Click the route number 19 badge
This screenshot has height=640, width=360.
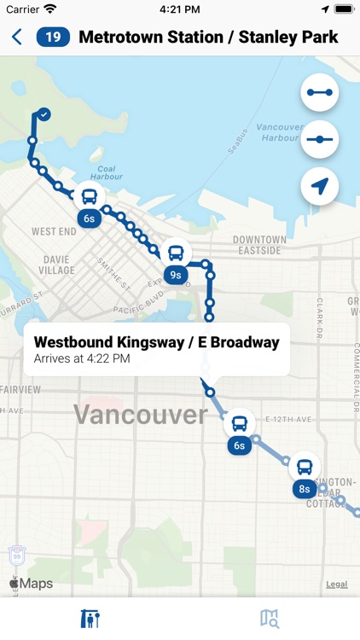(x=53, y=37)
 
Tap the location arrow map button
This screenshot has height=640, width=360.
(x=320, y=186)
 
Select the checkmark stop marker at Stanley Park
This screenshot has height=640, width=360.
(x=44, y=114)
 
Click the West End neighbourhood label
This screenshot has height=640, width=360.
(x=54, y=231)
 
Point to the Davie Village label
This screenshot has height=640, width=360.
(x=58, y=265)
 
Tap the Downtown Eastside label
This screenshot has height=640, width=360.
(x=259, y=245)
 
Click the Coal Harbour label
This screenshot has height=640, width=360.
(x=107, y=173)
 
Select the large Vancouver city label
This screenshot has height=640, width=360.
(x=140, y=416)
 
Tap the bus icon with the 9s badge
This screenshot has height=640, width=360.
(x=176, y=253)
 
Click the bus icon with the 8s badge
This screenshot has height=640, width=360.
(x=305, y=468)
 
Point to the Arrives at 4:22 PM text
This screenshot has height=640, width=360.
(x=82, y=359)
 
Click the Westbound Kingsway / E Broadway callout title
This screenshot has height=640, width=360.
(x=156, y=342)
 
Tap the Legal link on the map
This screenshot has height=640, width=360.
(x=336, y=585)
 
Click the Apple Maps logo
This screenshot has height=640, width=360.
(x=32, y=584)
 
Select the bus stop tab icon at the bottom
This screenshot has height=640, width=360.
(x=90, y=619)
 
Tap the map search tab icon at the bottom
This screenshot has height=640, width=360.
(x=270, y=619)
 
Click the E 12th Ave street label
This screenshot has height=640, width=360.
(x=290, y=420)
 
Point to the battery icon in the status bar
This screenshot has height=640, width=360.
(x=343, y=9)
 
